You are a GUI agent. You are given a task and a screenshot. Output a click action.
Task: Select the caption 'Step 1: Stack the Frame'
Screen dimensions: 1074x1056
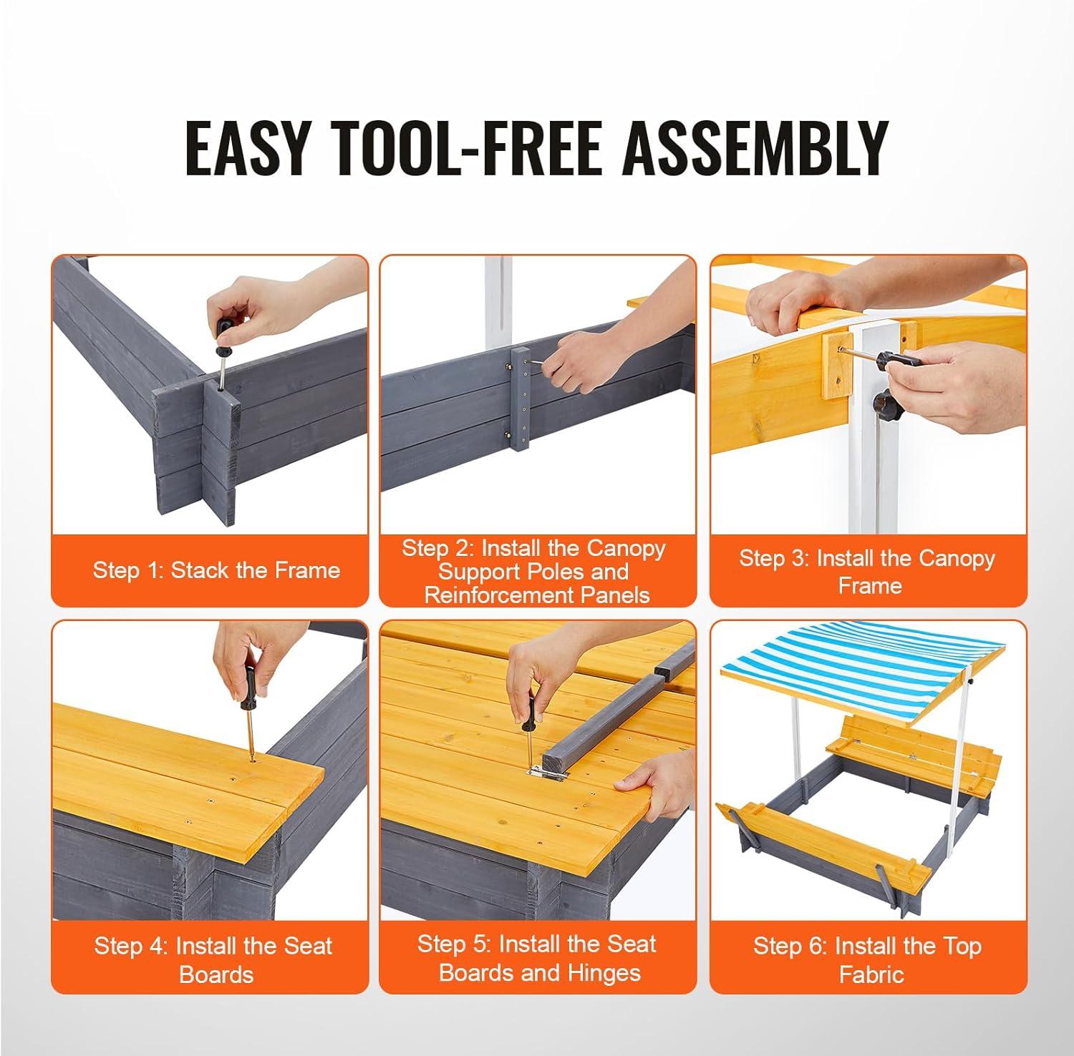tap(216, 570)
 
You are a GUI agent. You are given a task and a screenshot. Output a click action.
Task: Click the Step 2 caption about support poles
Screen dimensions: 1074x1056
tap(536, 572)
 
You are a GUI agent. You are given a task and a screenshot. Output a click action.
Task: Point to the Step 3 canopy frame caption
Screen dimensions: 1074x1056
tap(867, 572)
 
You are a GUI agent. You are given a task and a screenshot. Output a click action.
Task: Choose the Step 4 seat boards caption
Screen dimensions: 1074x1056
tap(213, 960)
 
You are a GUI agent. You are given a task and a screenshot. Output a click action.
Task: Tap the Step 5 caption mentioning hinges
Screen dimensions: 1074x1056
tap(537, 959)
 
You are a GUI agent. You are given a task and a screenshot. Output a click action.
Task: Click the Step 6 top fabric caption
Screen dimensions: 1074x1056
tap(867, 960)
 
